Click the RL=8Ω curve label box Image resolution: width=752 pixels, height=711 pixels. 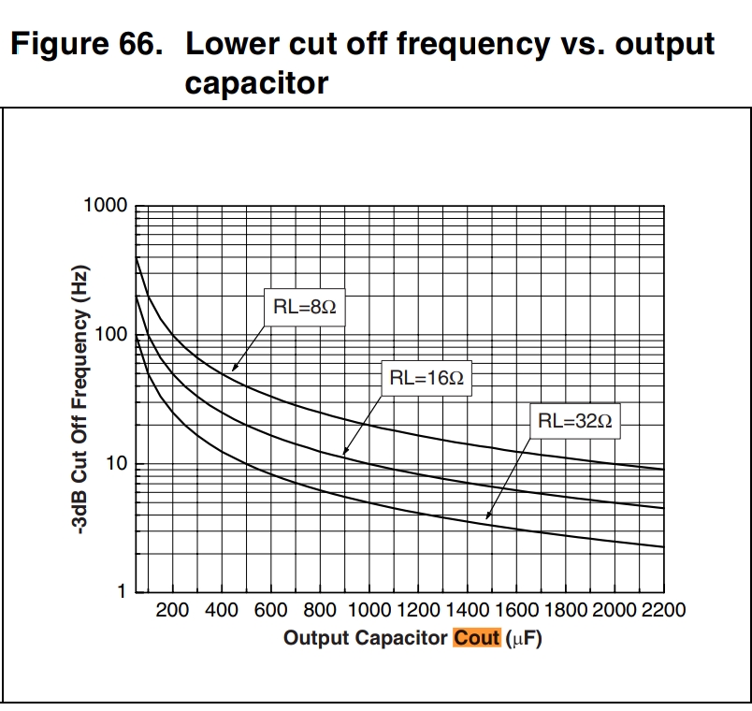(304, 306)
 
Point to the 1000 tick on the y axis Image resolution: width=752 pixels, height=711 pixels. (105, 205)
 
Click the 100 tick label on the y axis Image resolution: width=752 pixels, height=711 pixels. (112, 335)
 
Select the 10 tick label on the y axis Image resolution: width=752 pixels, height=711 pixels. (117, 464)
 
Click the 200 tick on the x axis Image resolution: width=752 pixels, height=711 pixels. (172, 611)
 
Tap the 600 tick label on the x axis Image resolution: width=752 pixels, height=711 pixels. (270, 611)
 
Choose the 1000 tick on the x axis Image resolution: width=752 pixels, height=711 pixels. (370, 611)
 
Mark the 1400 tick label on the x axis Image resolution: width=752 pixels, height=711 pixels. (469, 611)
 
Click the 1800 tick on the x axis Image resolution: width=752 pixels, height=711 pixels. (568, 611)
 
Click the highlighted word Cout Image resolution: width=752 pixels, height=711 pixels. (477, 639)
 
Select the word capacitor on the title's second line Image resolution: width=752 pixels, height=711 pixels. (256, 83)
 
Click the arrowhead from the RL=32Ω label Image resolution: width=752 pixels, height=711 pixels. (486, 515)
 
